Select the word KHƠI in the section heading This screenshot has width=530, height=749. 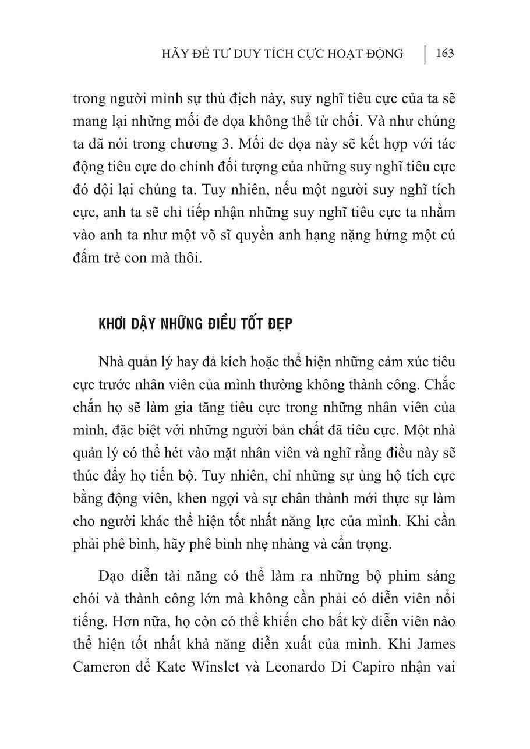[114, 324]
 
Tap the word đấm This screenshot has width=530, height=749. [87, 258]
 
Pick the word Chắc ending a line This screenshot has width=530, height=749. [437, 385]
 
